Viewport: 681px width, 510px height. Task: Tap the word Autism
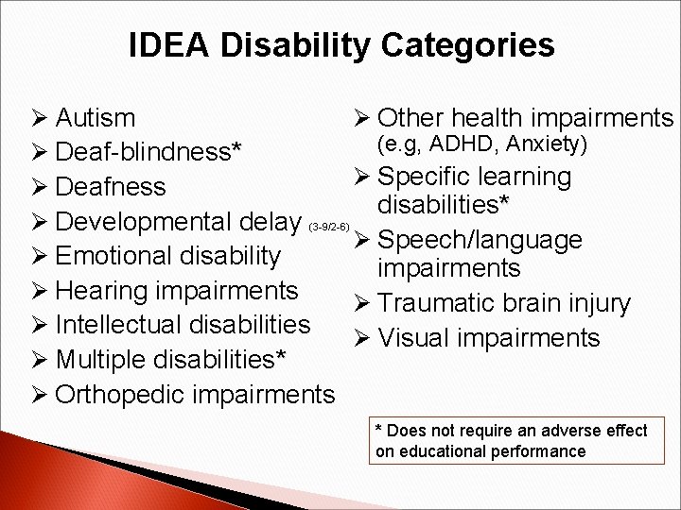tap(95, 118)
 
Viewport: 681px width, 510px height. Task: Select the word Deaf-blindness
tap(145, 152)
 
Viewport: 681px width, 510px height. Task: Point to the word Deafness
tap(111, 187)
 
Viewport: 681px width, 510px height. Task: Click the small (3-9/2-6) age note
tap(330, 228)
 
